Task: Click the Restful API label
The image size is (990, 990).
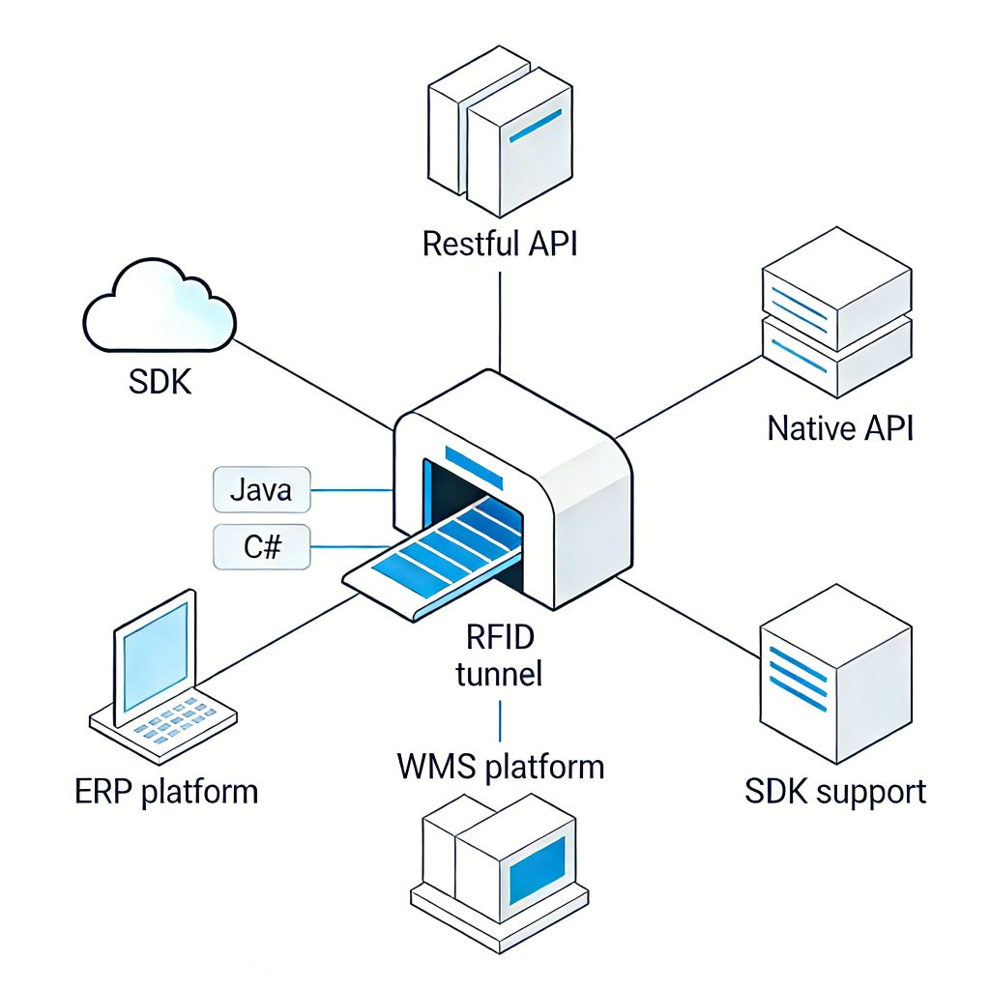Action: pyautogui.click(x=500, y=243)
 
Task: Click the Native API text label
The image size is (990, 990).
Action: pyautogui.click(x=839, y=427)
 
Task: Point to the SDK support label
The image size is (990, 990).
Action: pyautogui.click(x=835, y=792)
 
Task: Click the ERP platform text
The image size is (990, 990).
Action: pyautogui.click(x=166, y=792)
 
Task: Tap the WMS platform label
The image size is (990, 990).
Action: pyautogui.click(x=500, y=768)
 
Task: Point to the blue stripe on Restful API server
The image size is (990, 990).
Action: pyautogui.click(x=535, y=127)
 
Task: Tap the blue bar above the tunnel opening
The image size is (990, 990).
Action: pyautogui.click(x=473, y=465)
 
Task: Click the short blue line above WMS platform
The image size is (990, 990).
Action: pyautogui.click(x=500, y=720)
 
